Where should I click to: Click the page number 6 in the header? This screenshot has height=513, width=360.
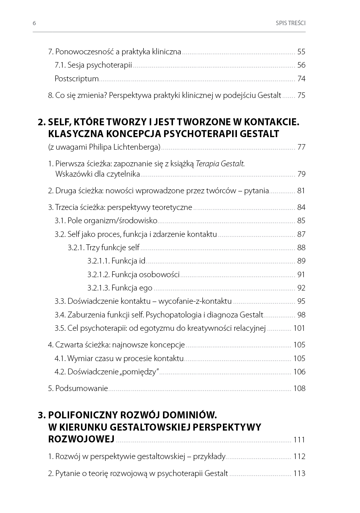point(34,23)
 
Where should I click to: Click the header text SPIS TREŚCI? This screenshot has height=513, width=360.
point(290,23)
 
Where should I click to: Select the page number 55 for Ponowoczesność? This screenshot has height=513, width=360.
point(301,52)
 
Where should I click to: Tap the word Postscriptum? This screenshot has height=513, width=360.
point(77,79)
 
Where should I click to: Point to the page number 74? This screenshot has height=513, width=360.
point(301,79)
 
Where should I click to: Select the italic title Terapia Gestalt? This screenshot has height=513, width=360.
point(220,164)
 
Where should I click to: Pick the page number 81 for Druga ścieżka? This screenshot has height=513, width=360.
point(301,191)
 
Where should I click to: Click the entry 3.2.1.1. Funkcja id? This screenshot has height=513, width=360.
point(116,261)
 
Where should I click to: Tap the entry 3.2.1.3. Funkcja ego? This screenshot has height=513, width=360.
point(120,288)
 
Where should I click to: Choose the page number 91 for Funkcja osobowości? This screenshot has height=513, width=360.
point(301,275)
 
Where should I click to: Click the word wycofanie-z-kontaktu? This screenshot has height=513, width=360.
point(195,301)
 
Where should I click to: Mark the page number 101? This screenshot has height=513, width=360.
point(299,328)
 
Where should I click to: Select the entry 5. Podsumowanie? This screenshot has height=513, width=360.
point(78,388)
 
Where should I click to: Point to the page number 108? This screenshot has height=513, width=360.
point(299,388)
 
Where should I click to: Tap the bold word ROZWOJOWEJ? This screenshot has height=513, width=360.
point(81,439)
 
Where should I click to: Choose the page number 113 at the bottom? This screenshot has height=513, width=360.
point(299,473)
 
